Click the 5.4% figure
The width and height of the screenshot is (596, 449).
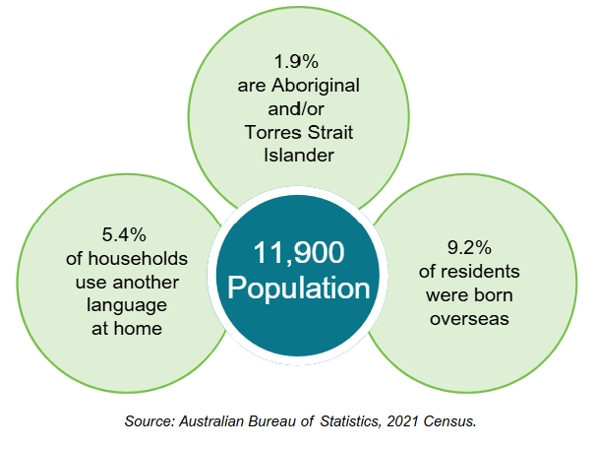124,235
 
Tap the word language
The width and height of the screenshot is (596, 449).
124,305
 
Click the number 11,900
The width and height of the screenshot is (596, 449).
299,254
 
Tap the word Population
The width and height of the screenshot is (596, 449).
299,289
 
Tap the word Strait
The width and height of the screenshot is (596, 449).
330,131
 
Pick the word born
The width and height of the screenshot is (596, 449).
496,294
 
